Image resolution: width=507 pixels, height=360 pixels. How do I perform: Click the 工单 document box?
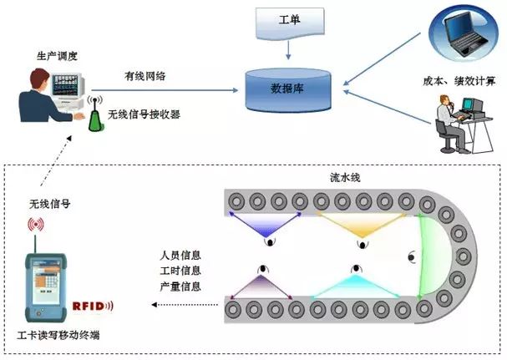(x=288, y=20)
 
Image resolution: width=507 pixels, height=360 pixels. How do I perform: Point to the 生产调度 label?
(x=57, y=56)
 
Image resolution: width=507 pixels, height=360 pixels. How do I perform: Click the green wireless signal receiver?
(x=94, y=116)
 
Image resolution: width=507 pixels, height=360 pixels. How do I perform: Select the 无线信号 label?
(x=47, y=203)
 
